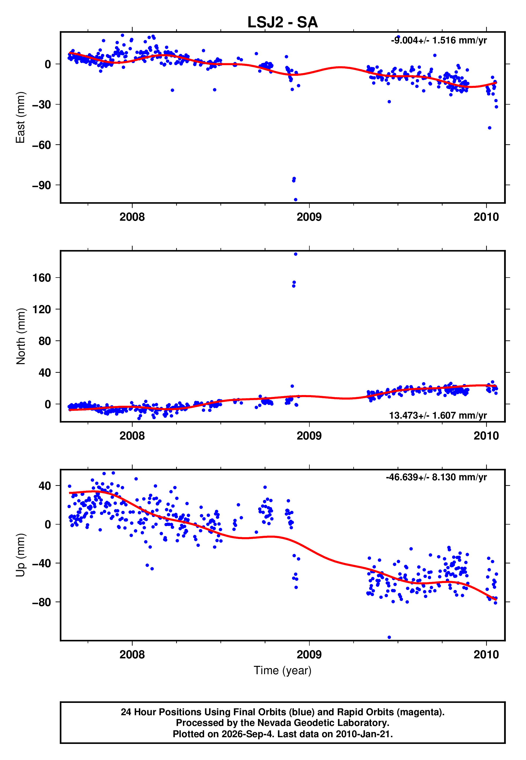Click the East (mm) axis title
20,117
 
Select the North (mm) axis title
20,336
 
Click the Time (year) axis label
283,670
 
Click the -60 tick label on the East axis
42,145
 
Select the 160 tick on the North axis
42,278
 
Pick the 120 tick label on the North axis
42,309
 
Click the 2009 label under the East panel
309,217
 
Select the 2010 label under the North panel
486,436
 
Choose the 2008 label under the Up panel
132,655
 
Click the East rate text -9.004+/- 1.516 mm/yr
439,40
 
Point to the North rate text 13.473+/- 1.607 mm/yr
438,415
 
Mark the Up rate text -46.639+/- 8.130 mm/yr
436,477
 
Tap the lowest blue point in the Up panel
389,637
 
